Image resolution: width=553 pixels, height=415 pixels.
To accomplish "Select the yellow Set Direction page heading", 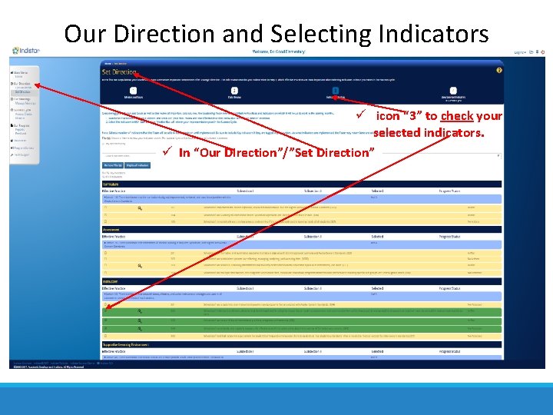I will (x=120, y=71).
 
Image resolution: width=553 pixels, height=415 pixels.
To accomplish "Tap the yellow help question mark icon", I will (x=499, y=70).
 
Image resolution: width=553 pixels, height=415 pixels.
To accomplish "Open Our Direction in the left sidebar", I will (x=22, y=83).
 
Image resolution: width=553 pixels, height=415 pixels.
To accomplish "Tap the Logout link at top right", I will (x=520, y=52).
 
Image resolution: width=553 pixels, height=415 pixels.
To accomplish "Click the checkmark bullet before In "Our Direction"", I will (x=167, y=151).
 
